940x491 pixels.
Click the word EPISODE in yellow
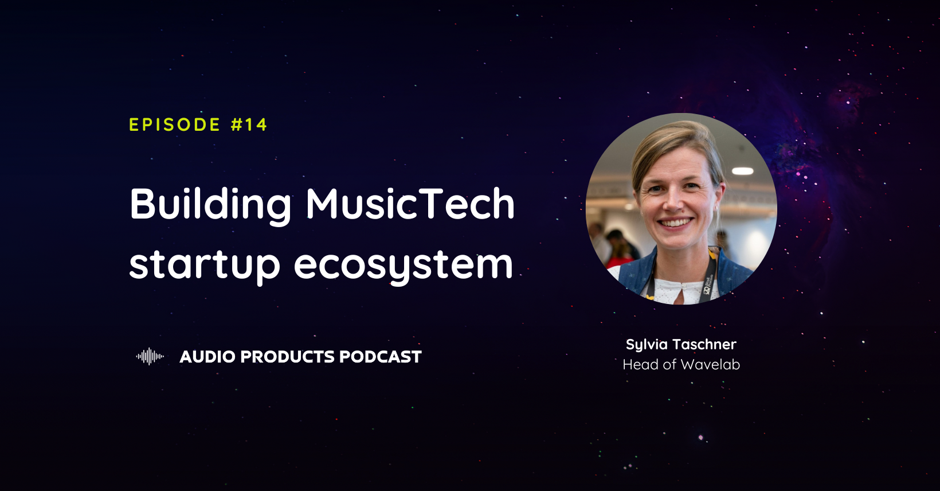coord(175,124)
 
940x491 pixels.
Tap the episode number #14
coord(249,124)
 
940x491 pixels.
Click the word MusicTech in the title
coord(410,203)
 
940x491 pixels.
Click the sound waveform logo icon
coord(150,357)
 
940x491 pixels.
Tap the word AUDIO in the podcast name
coord(207,357)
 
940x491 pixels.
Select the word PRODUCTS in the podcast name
coord(288,357)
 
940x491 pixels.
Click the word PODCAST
coord(380,357)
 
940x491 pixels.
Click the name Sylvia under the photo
coord(647,345)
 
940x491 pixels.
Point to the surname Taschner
coord(704,344)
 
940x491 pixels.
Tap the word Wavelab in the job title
coord(711,365)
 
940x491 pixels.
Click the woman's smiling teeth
coord(675,223)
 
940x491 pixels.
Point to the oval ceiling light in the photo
coord(742,171)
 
